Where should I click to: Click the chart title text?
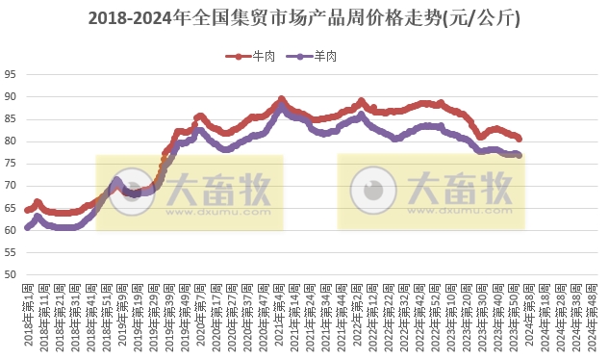pyautogui.click(x=304, y=18)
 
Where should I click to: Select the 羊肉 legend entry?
pyautogui.click(x=317, y=56)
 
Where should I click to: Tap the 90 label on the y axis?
pyautogui.click(x=11, y=96)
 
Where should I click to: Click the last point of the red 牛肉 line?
pyautogui.click(x=519, y=139)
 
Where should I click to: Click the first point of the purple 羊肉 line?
pyautogui.click(x=28, y=228)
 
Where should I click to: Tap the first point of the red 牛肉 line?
pyautogui.click(x=28, y=209)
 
